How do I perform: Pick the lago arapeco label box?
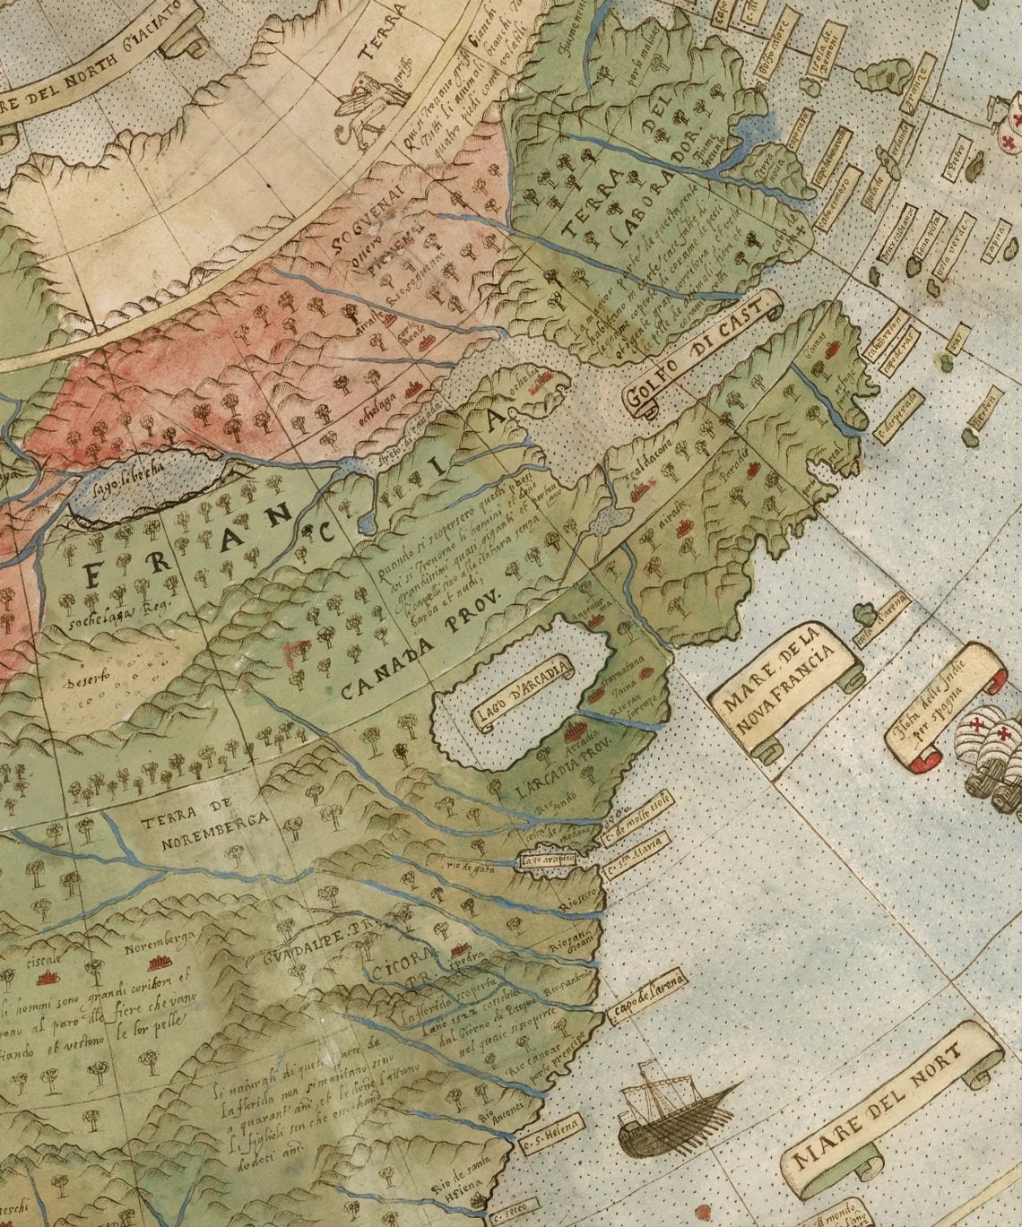pos(546,861)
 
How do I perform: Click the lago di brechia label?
pos(130,479)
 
